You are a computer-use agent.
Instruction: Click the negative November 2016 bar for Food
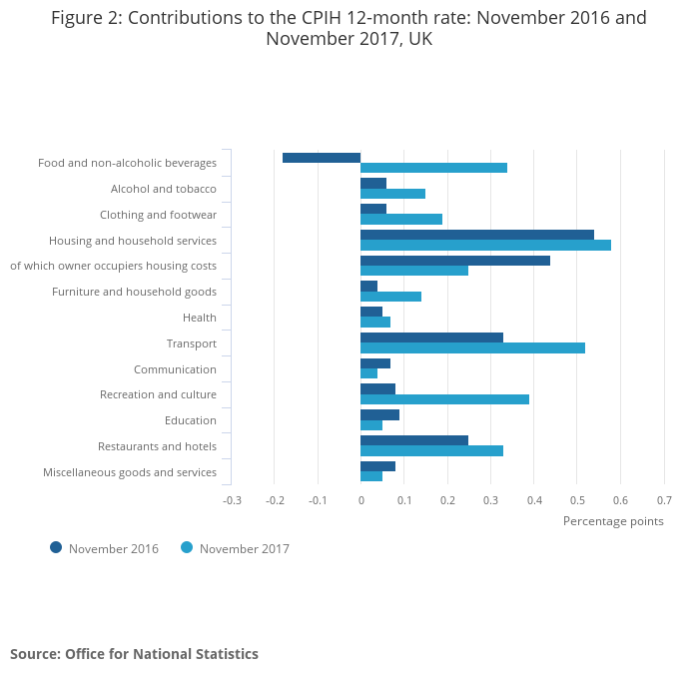(322, 158)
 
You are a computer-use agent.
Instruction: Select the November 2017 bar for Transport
(472, 347)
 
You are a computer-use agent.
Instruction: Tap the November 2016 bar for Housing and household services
(476, 235)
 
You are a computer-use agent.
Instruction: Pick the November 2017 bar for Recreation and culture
(444, 399)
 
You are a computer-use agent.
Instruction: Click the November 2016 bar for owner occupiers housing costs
(454, 261)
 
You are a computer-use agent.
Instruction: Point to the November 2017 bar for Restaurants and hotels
(431, 450)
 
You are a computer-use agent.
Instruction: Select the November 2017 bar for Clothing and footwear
(400, 219)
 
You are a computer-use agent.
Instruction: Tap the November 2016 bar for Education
(379, 414)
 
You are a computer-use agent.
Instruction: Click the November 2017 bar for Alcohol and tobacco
(392, 194)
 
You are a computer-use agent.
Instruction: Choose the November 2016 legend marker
(56, 547)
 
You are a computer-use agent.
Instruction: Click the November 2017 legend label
(244, 548)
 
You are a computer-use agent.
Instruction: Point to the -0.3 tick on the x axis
(232, 499)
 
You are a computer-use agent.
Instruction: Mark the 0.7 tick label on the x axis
(663, 499)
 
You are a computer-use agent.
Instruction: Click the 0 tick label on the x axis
(360, 499)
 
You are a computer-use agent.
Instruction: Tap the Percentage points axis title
(613, 520)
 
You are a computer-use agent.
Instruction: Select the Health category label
(199, 318)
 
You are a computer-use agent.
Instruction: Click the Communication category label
(175, 369)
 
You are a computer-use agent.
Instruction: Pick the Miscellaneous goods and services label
(130, 472)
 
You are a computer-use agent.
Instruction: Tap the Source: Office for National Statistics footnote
(134, 654)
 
